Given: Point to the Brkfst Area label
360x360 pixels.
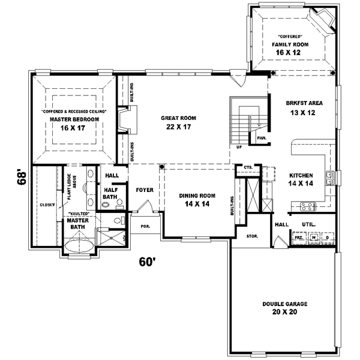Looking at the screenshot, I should point(304,107).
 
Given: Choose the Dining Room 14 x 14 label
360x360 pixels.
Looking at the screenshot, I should point(197,200).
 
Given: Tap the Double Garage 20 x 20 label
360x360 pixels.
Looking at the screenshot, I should point(284,308).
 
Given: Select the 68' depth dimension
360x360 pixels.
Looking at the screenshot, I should point(22,178).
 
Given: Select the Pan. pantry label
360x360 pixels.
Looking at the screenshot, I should point(262,138).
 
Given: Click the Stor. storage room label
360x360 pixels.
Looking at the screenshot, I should point(252,236).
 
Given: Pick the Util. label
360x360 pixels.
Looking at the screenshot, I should point(309,224).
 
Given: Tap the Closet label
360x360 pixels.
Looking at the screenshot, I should point(47,205).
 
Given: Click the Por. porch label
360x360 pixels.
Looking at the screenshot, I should point(145,227).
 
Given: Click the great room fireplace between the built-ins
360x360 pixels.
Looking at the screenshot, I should point(124,121).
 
